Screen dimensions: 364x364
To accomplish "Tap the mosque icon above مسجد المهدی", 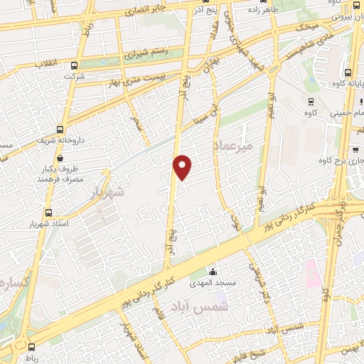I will point(212,270).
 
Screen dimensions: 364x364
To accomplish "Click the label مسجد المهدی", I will point(212,283).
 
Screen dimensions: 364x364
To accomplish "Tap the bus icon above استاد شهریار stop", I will point(48,213).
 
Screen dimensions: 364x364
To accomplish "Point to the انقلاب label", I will point(31,63).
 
